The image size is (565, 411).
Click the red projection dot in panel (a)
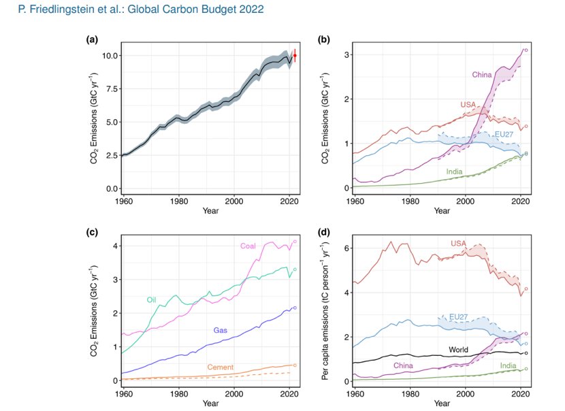click(x=295, y=56)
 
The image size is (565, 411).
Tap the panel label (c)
click(x=92, y=232)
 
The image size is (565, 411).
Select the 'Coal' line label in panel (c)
click(x=248, y=246)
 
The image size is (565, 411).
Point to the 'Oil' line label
click(x=151, y=300)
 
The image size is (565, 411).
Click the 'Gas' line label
click(x=220, y=330)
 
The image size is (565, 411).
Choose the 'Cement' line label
click(x=220, y=367)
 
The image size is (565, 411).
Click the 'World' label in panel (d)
click(x=458, y=349)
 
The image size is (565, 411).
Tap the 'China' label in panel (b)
click(x=482, y=75)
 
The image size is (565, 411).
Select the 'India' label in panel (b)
click(x=454, y=171)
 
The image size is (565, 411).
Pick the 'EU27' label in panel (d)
click(x=458, y=317)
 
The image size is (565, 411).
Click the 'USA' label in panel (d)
click(x=458, y=244)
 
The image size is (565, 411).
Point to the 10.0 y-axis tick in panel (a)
click(x=110, y=56)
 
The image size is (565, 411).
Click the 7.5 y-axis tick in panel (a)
click(x=112, y=89)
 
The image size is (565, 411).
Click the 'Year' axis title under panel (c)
click(x=210, y=403)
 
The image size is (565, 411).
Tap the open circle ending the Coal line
click(x=295, y=242)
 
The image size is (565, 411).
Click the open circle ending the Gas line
click(x=295, y=308)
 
